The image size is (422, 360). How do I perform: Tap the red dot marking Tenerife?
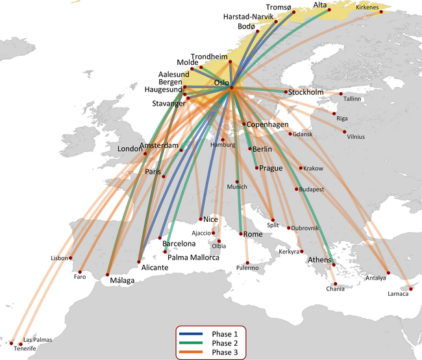12,342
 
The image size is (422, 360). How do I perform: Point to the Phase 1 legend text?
225,333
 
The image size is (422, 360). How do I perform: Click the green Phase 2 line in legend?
192,342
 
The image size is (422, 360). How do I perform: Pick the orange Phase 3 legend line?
192,352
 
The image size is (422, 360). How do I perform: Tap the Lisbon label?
59,258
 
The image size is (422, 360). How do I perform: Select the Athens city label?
320,261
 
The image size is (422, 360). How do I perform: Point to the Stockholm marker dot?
285,92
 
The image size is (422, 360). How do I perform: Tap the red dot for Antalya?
388,272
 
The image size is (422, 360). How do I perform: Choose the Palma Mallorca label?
193,258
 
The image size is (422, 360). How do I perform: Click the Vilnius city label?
356,137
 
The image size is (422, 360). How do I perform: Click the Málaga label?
123,281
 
